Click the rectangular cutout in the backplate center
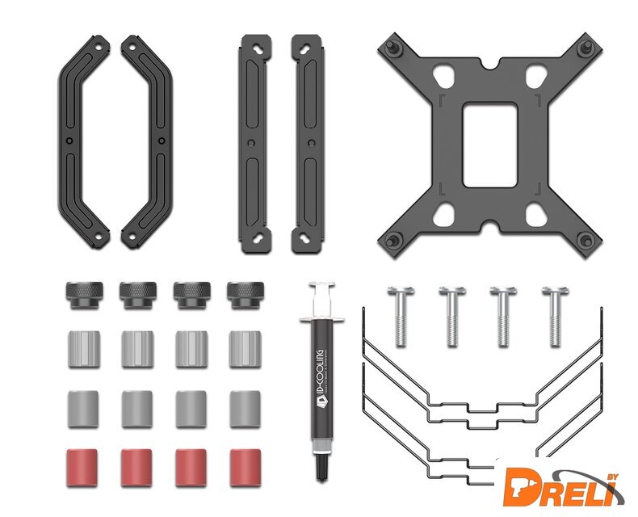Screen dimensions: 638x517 click(x=490, y=145)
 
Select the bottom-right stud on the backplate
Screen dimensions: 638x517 click(x=586, y=241)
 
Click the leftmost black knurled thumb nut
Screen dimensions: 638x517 click(x=84, y=295)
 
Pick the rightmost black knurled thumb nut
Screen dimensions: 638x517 click(x=246, y=295)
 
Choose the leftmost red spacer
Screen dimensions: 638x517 click(x=82, y=468)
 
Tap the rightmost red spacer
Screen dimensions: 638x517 click(x=245, y=468)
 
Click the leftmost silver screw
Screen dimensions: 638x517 click(x=401, y=317)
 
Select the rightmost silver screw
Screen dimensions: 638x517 click(x=556, y=317)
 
